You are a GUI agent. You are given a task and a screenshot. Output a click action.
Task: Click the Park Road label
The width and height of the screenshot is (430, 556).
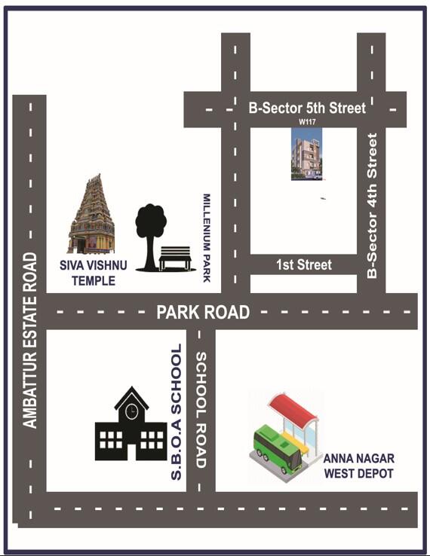(x=203, y=312)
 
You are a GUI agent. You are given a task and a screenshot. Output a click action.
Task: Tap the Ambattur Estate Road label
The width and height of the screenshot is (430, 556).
(x=29, y=341)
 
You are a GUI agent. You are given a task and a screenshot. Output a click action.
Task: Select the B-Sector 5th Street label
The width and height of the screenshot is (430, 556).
(x=307, y=108)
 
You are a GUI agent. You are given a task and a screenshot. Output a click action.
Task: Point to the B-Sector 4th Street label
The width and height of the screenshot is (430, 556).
(x=371, y=206)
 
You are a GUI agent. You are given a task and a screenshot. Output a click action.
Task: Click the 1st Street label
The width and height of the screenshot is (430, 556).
(x=304, y=264)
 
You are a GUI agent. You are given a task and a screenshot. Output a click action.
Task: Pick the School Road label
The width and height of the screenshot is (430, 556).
(x=201, y=410)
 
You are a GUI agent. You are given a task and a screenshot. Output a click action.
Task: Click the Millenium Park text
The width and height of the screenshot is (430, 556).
(x=207, y=238)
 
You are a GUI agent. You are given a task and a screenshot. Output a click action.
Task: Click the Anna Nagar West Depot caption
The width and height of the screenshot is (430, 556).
(x=358, y=466)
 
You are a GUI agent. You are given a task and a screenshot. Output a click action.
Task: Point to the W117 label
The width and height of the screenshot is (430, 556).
(x=306, y=121)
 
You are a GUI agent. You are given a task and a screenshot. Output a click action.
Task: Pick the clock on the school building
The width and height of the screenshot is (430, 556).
(x=132, y=411)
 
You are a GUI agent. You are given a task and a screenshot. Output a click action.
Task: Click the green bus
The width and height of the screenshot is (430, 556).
(x=275, y=451)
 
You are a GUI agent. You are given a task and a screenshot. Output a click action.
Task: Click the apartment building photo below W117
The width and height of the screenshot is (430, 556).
(x=306, y=154)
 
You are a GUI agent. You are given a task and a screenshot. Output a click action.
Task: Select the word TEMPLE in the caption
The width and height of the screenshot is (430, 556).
(x=93, y=281)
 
